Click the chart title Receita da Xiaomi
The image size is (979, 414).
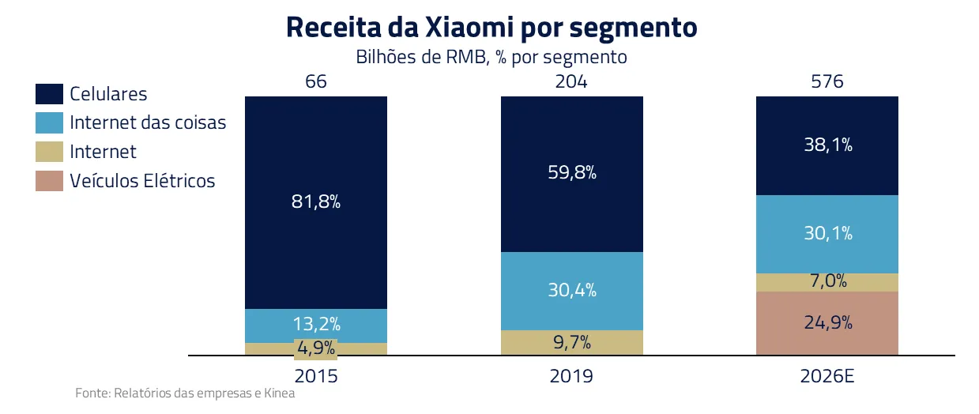tap(490, 27)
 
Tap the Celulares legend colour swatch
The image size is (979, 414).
tap(49, 94)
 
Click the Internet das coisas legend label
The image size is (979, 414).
tap(148, 123)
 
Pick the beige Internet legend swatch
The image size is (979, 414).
tap(49, 152)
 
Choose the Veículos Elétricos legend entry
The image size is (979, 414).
tap(142, 181)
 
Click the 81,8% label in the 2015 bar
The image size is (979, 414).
tap(316, 201)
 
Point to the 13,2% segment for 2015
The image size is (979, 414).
tap(316, 324)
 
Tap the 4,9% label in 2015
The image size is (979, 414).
tap(316, 348)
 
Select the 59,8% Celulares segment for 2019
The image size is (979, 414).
tap(572, 171)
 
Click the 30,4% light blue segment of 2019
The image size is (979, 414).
tap(572, 290)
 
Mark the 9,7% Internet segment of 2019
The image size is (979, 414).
tap(572, 343)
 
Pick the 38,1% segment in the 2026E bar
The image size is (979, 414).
tap(827, 145)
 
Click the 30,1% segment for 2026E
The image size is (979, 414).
tap(827, 233)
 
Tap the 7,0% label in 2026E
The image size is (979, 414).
tap(827, 281)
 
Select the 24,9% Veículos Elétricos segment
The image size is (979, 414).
tap(827, 322)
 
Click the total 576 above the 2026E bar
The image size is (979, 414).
tap(827, 81)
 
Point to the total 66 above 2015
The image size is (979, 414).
tap(316, 81)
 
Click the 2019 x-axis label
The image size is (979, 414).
tap(571, 376)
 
